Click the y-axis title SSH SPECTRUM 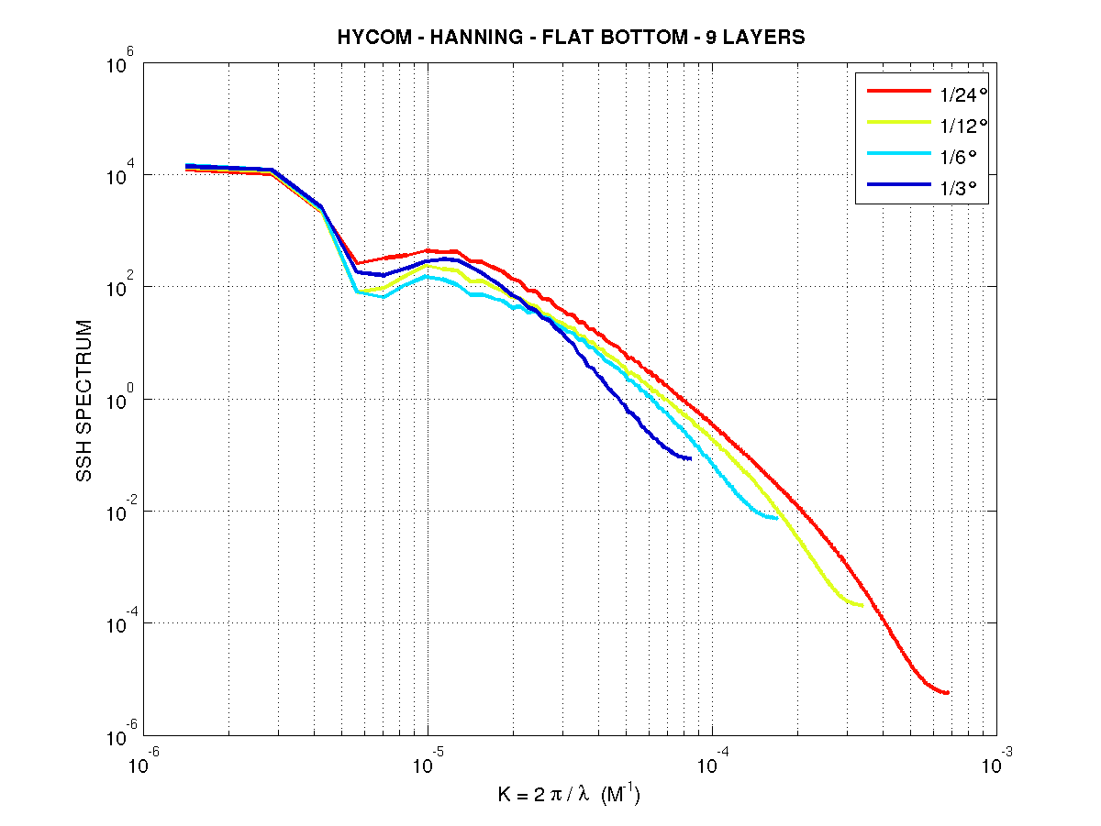[x=84, y=401]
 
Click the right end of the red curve [x=948, y=693]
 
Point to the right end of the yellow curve [x=862, y=605]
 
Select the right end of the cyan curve [x=777, y=518]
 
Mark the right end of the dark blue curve [x=690, y=458]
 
